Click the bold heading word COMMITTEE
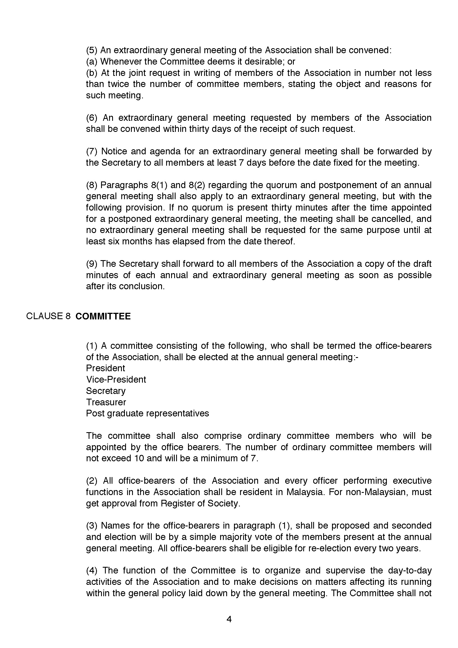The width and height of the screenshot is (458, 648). tap(103, 316)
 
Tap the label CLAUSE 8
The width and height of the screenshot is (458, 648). tap(48, 316)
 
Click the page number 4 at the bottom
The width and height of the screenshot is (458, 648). tap(229, 619)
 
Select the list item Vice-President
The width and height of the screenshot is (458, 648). tap(116, 380)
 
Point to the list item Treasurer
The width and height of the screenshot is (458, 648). tap(106, 402)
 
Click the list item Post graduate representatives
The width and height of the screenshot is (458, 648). tap(147, 413)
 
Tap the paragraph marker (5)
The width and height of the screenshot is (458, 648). tap(92, 50)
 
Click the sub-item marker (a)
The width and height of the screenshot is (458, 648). tap(91, 62)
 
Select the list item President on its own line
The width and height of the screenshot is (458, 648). tap(106, 368)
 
